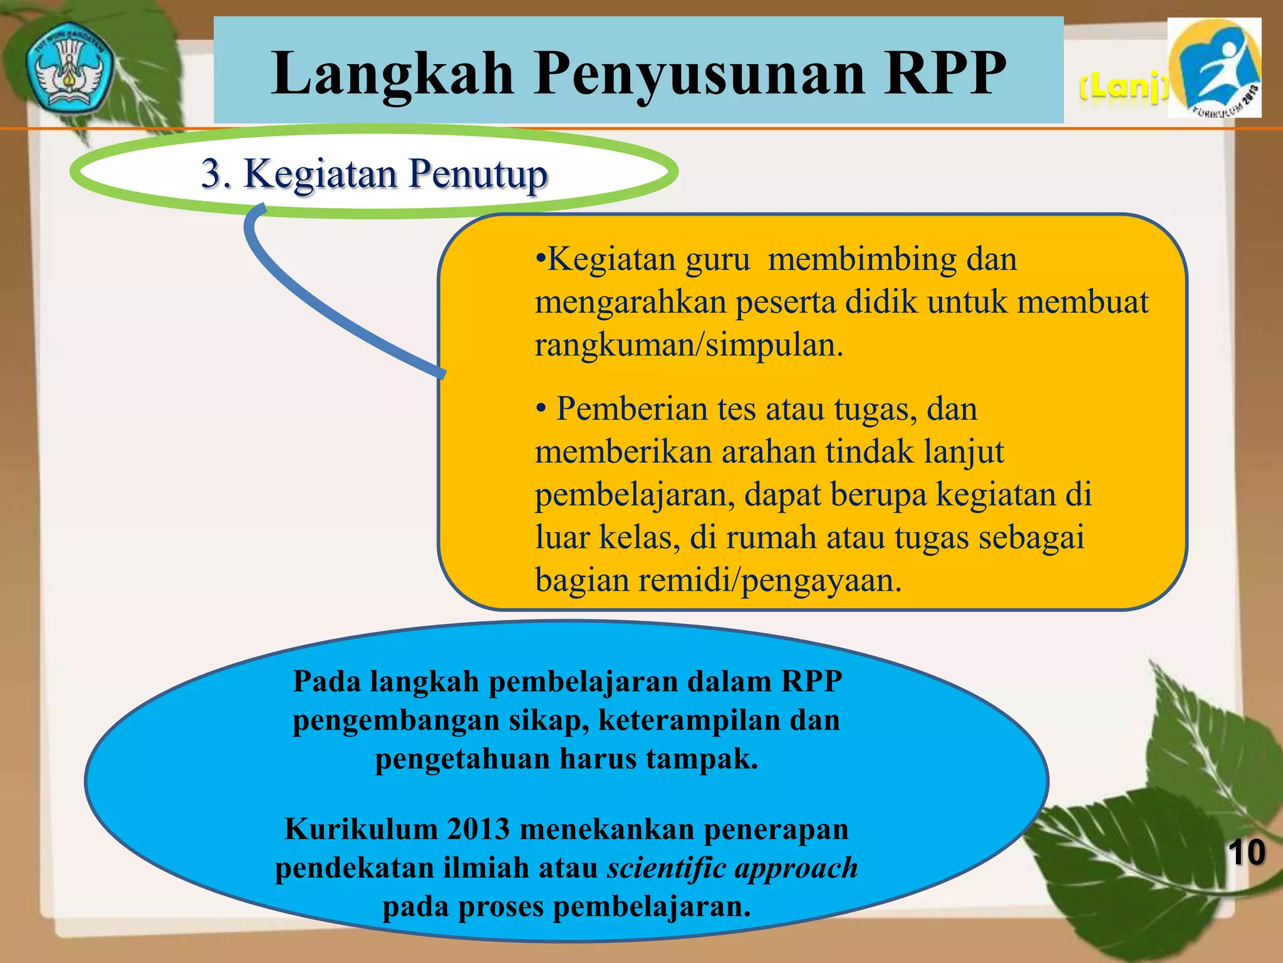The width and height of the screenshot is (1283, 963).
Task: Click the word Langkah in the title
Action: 393,74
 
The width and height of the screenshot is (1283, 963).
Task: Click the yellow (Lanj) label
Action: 1123,88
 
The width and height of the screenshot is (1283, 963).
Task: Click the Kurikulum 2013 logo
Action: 1215,68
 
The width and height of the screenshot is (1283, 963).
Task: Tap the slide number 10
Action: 1246,853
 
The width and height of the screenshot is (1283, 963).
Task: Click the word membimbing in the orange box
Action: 862,259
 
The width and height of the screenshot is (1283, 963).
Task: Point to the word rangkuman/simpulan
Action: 689,345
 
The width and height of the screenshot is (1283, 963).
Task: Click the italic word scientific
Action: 667,868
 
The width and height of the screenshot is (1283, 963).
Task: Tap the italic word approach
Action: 796,868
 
